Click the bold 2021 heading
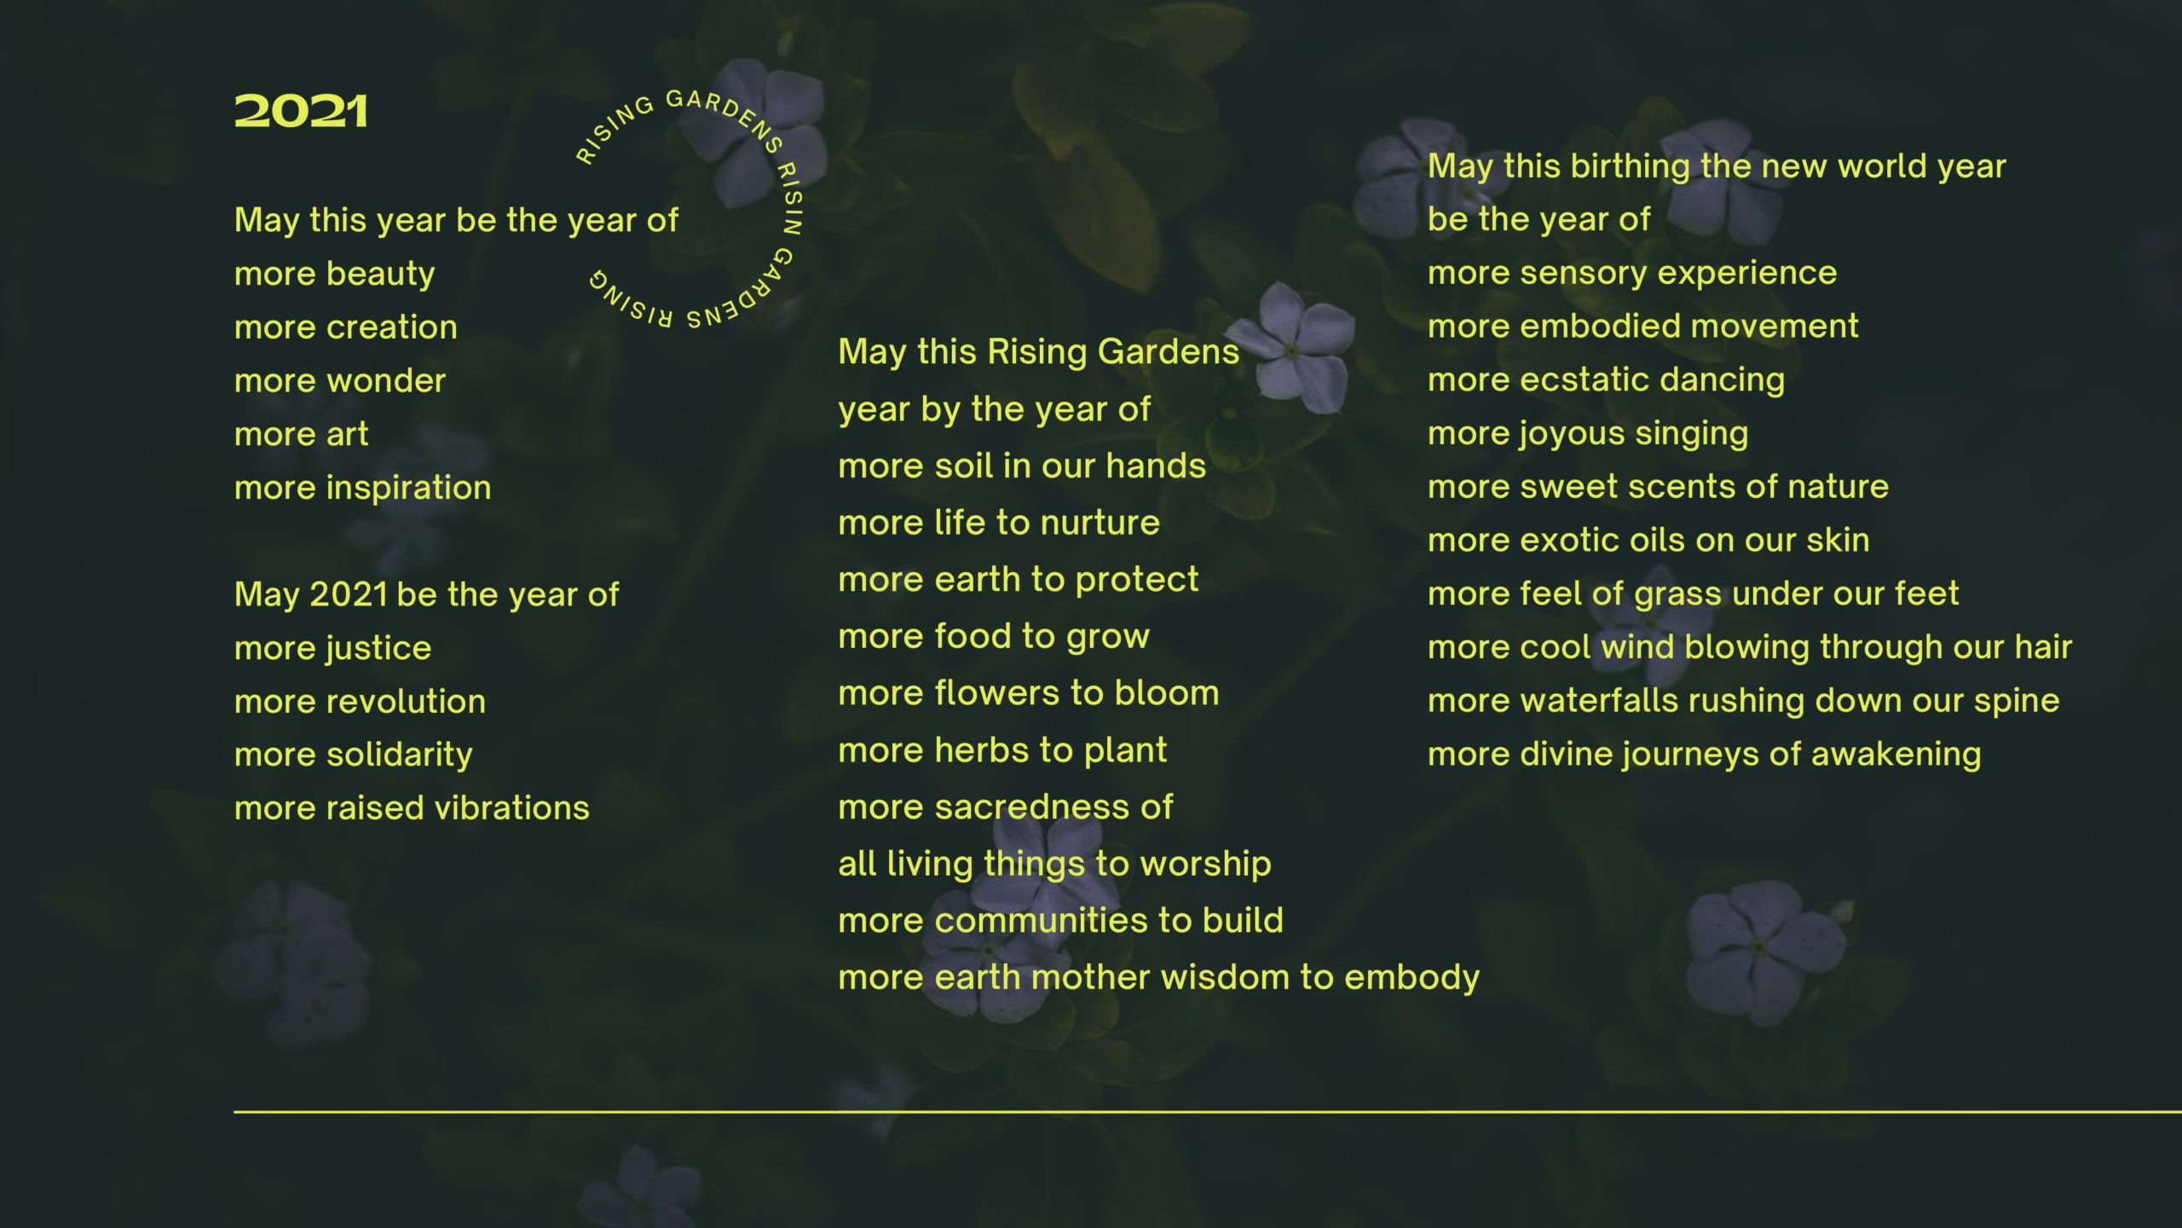coord(301,112)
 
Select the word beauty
coord(380,275)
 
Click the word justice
coord(378,649)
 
